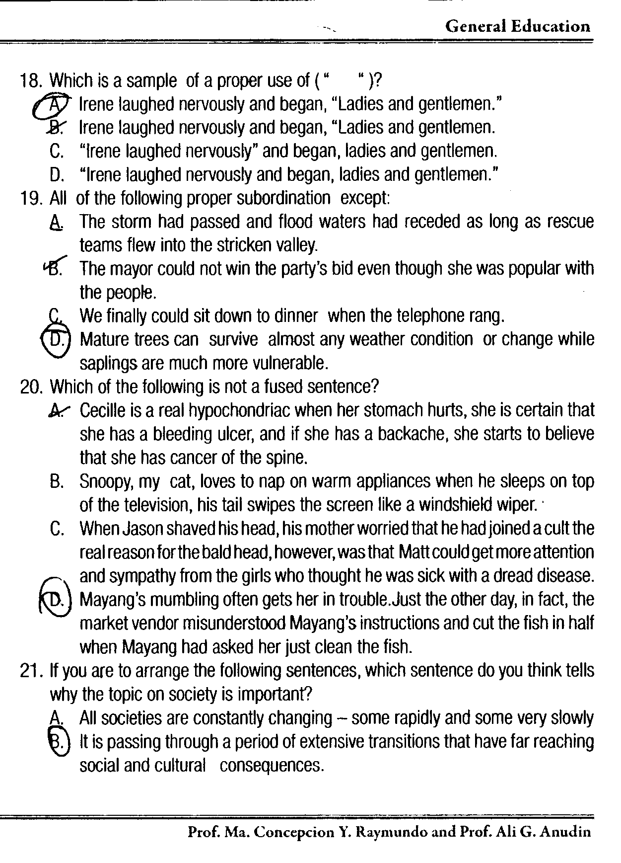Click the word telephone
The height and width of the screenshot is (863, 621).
429,315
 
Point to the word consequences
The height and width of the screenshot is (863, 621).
272,766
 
